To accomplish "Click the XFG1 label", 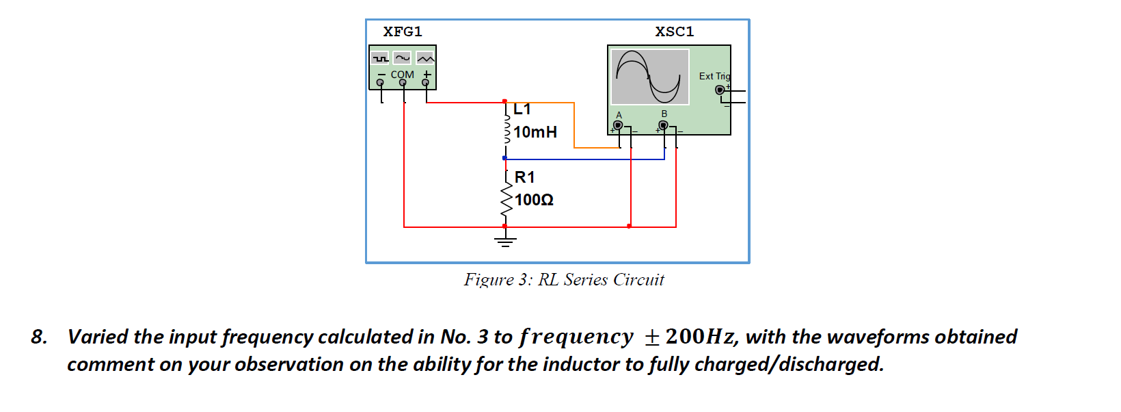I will pyautogui.click(x=403, y=31).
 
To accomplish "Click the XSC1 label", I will pyautogui.click(x=674, y=31).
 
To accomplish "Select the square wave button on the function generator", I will pyautogui.click(x=381, y=58).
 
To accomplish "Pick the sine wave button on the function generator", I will pyautogui.click(x=403, y=58).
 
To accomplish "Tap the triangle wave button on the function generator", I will pyautogui.click(x=425, y=58).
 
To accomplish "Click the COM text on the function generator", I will pyautogui.click(x=402, y=75).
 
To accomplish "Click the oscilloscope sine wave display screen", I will pyautogui.click(x=649, y=76).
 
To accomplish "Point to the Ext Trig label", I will pyautogui.click(x=714, y=76).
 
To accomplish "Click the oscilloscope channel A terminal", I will pyautogui.click(x=618, y=125).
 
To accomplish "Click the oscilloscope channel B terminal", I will pyautogui.click(x=663, y=125).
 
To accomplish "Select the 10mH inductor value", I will pyautogui.click(x=535, y=132).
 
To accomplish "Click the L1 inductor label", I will pyautogui.click(x=522, y=110).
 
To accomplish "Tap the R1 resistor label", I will pyautogui.click(x=524, y=177).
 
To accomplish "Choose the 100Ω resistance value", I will pyautogui.click(x=534, y=200).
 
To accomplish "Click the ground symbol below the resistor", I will pyautogui.click(x=505, y=240).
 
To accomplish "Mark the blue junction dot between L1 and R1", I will pyautogui.click(x=504, y=158).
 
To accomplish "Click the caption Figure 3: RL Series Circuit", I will pyautogui.click(x=563, y=279).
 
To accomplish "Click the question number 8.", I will pyautogui.click(x=38, y=337).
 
